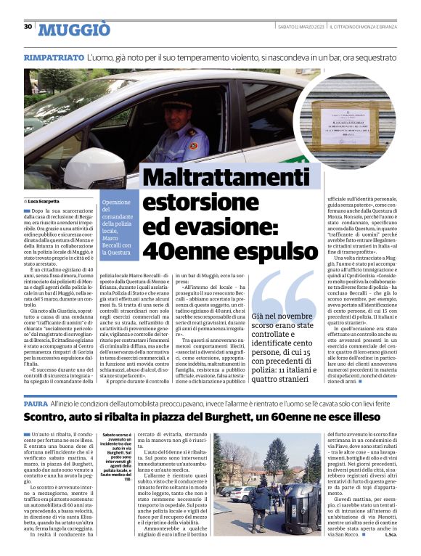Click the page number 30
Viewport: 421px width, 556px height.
(28, 27)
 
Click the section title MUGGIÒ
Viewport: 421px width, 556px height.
(75, 29)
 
